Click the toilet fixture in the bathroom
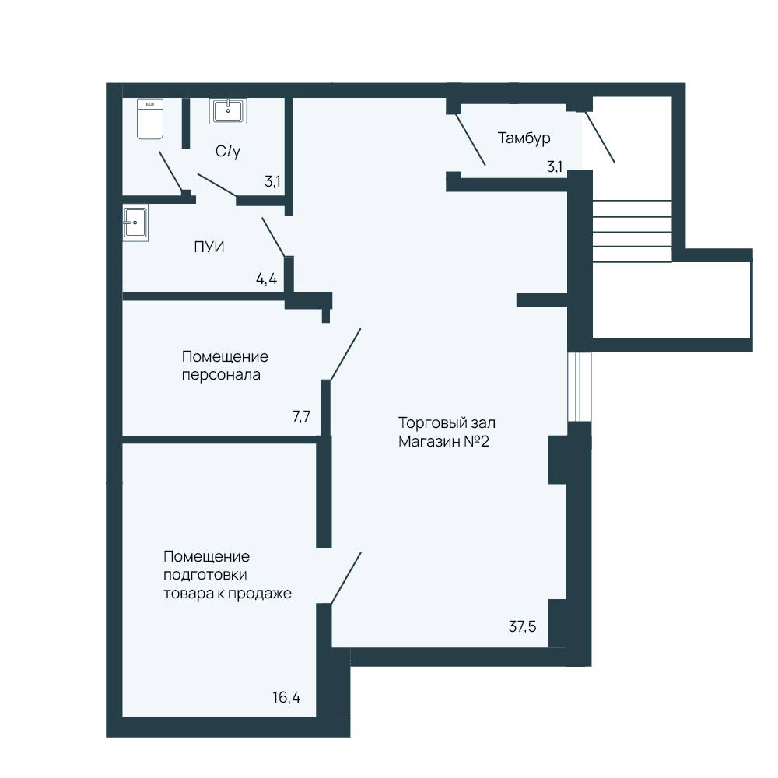point(150,119)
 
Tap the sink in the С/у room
point(228,110)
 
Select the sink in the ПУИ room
point(135,223)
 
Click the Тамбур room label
point(524,138)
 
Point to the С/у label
point(228,151)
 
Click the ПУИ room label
point(209,247)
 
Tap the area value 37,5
point(523,626)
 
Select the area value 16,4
point(286,698)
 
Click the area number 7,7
point(302,415)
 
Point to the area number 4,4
point(266,279)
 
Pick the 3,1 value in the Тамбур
point(555,166)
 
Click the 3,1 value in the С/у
point(272,181)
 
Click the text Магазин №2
point(443,441)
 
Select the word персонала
point(221,375)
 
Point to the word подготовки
point(205,575)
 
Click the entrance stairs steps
point(632,231)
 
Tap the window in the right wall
point(580,387)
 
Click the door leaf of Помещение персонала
point(345,354)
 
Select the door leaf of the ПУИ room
point(273,237)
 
